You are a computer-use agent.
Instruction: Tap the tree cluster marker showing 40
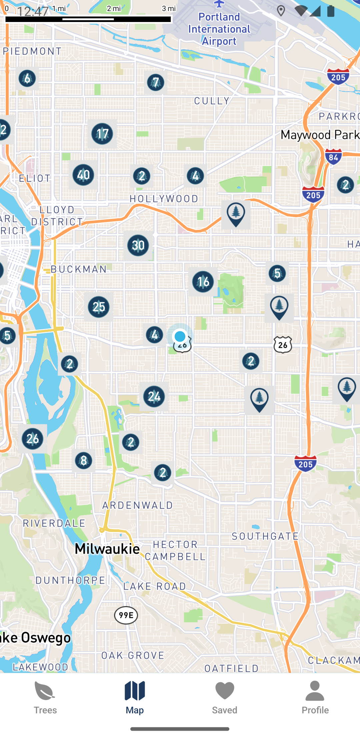[x=83, y=175]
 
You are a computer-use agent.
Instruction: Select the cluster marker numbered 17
[x=102, y=134]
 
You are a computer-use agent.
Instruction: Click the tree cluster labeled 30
[x=138, y=245]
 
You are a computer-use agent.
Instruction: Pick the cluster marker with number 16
[x=203, y=282]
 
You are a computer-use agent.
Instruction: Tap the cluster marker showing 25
[x=99, y=307]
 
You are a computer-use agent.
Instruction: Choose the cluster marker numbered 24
[x=154, y=396]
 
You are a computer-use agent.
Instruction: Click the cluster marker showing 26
[x=32, y=439]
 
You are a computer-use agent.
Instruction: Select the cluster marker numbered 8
[x=83, y=461]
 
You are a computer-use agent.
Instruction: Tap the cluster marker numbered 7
[x=156, y=82]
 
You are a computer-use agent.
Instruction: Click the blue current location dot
[x=180, y=336]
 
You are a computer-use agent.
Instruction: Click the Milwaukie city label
[x=107, y=549]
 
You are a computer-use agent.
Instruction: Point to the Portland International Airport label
[x=219, y=29]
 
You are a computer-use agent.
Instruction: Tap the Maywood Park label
[x=320, y=135]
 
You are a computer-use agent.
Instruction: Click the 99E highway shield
[x=126, y=615]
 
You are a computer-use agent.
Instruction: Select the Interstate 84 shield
[x=333, y=157]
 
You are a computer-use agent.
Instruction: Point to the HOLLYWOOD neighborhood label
[x=164, y=199]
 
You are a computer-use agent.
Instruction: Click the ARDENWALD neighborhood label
[x=137, y=505]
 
